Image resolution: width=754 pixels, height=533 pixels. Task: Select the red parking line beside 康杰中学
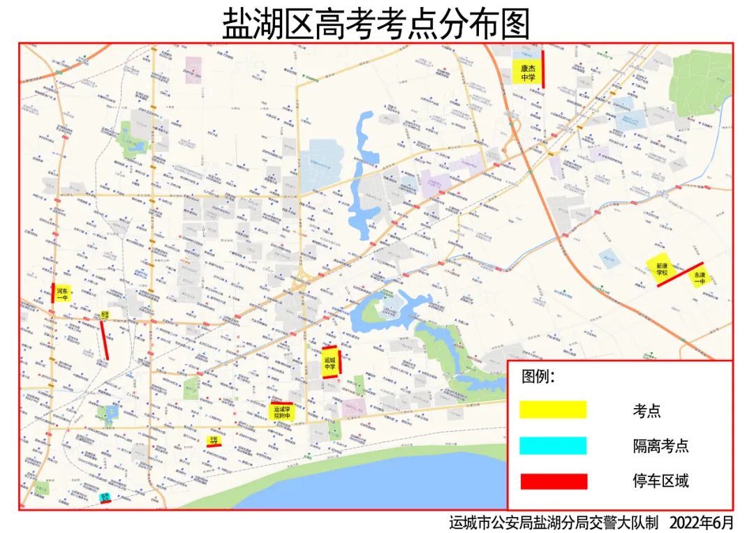tap(542, 68)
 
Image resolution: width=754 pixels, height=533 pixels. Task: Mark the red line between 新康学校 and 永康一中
tap(680, 274)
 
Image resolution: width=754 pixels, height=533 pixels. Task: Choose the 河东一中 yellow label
tap(63, 294)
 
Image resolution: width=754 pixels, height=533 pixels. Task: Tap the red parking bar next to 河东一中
tap(53, 294)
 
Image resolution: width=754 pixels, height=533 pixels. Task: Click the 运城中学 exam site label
tap(330, 363)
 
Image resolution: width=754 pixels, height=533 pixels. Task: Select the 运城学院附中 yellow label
tap(281, 412)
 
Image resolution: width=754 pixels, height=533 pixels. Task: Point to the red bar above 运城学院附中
tap(281, 403)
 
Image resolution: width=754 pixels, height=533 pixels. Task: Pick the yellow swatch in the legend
tap(553, 410)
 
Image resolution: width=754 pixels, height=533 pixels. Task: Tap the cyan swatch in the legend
tap(553, 446)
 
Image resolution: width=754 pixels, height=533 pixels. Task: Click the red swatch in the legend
tap(553, 481)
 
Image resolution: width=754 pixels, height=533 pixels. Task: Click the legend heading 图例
tap(538, 377)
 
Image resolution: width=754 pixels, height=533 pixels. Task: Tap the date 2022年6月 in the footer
tap(702, 522)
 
